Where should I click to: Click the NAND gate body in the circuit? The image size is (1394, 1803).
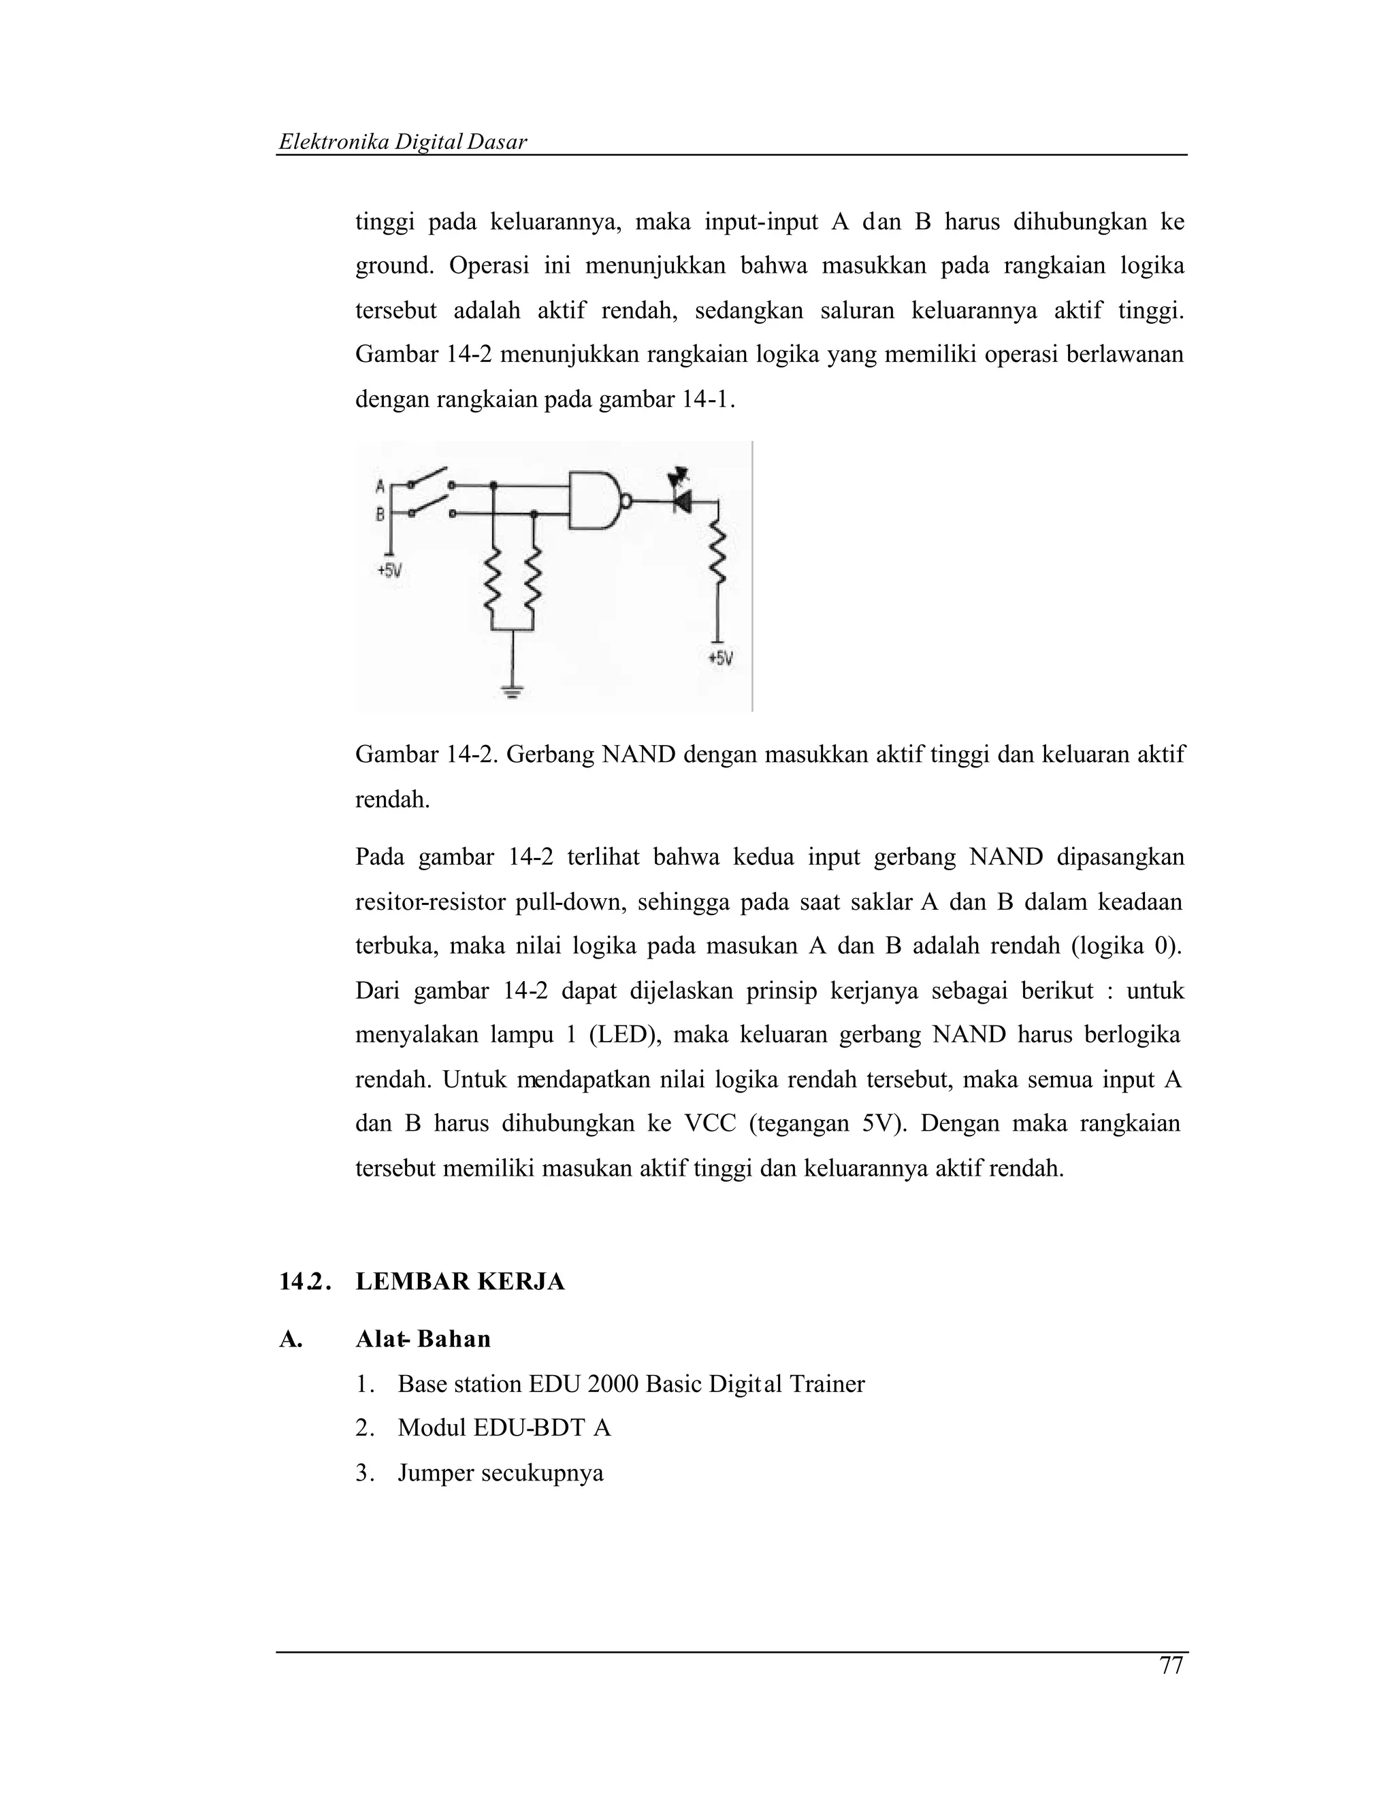tap(595, 500)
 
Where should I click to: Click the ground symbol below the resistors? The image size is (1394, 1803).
tap(513, 692)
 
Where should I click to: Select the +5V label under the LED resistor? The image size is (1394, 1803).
tap(720, 659)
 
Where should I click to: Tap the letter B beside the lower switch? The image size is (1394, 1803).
tap(380, 514)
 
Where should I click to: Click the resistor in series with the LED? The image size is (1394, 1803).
tap(717, 557)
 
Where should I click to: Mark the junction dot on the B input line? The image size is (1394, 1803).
tap(534, 514)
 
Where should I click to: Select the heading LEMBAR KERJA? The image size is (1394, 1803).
tap(460, 1281)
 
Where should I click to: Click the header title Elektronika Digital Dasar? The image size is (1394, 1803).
tap(402, 142)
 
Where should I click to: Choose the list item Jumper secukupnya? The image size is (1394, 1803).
tap(500, 1473)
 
